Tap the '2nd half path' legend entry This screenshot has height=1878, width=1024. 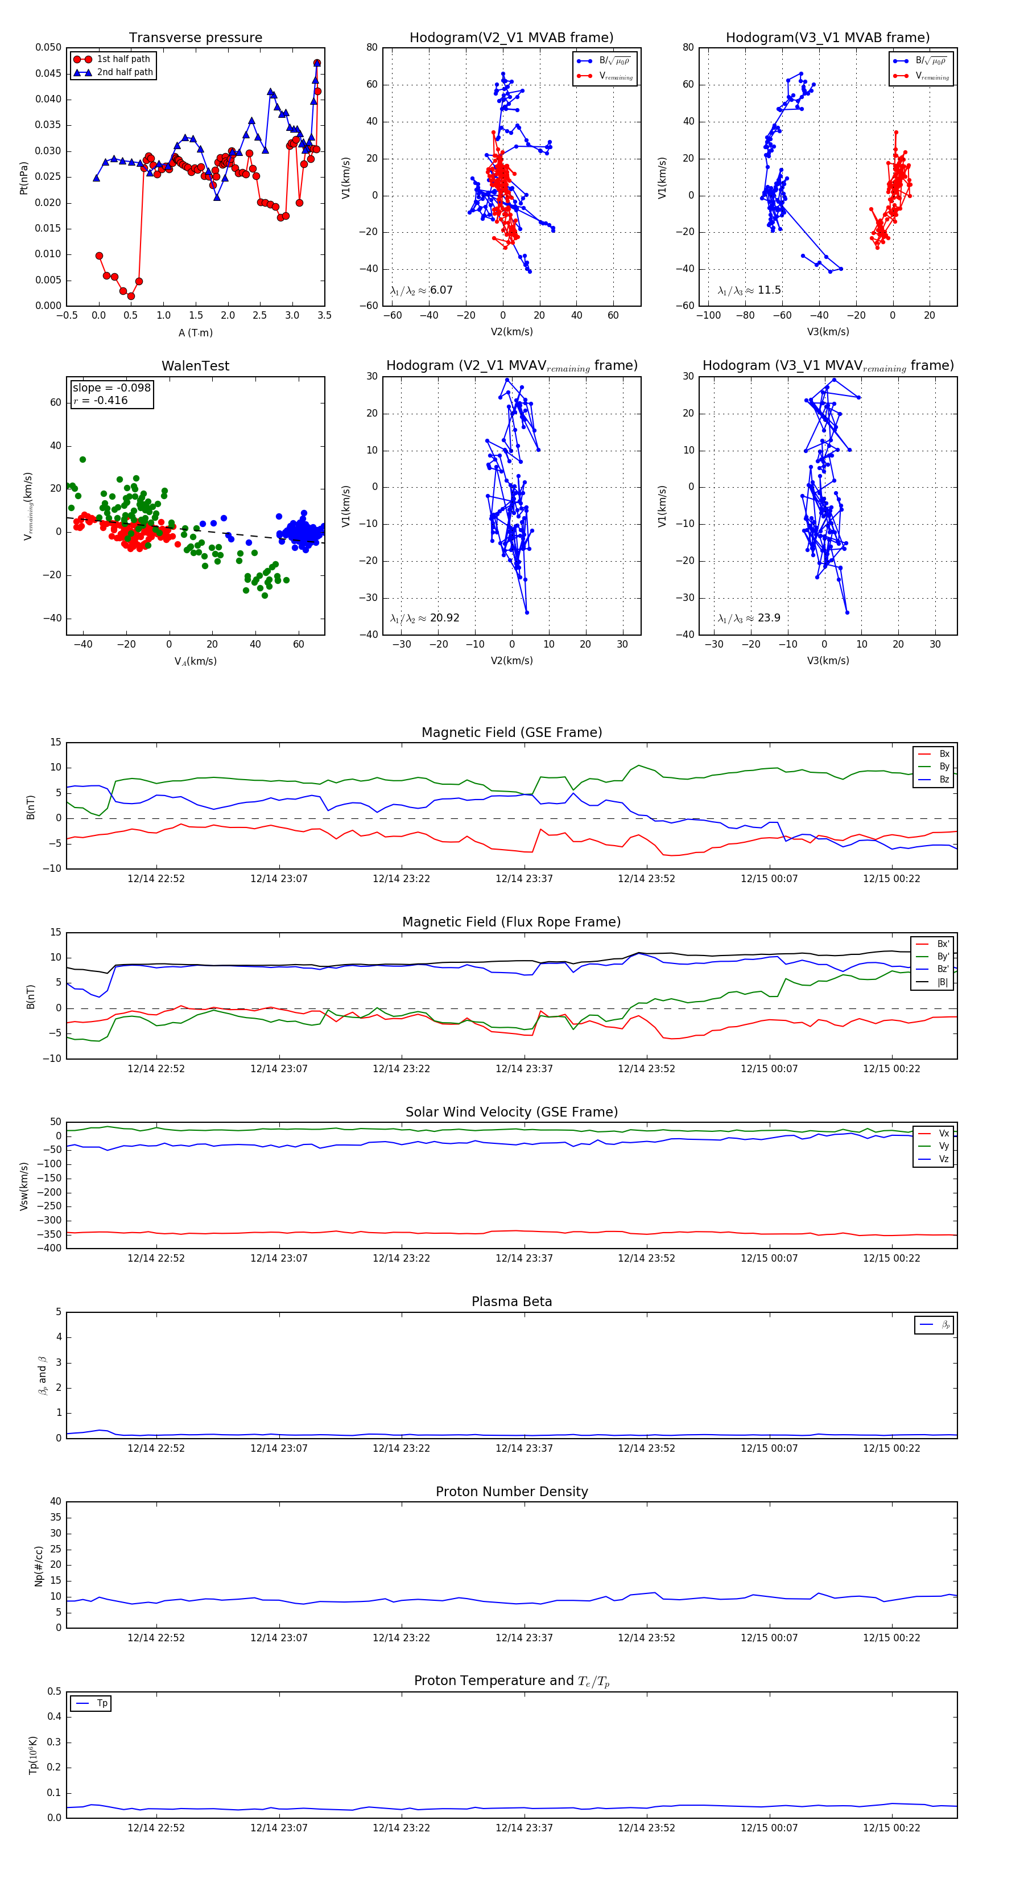point(125,72)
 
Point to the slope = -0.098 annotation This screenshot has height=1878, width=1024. point(112,388)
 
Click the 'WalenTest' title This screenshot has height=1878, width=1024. point(195,366)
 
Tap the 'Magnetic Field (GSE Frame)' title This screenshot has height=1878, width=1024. point(511,732)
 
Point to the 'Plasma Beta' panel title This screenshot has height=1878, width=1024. point(511,1302)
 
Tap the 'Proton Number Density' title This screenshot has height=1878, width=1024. point(511,1492)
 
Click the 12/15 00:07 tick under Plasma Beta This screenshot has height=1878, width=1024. point(769,1448)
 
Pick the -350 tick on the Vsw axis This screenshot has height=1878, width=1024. point(51,1234)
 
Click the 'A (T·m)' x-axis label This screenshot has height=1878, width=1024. point(195,333)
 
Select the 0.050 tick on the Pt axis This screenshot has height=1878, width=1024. point(48,47)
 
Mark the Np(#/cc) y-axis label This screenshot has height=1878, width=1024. point(39,1566)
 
